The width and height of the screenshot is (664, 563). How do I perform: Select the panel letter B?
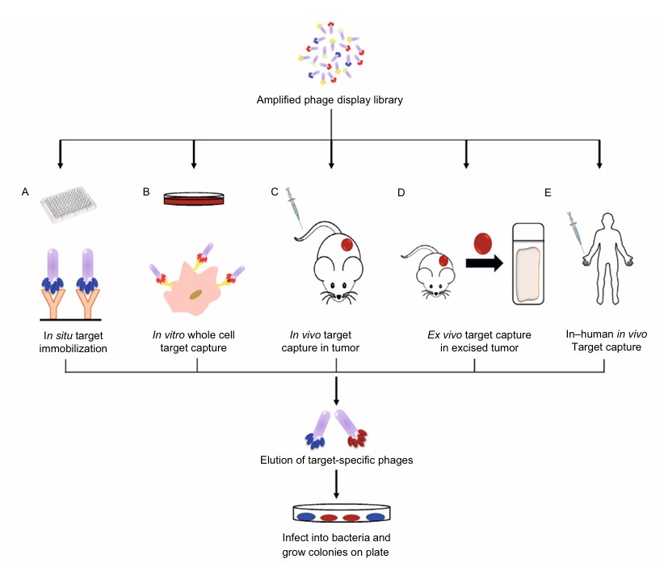146,192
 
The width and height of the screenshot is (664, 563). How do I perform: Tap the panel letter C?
275,192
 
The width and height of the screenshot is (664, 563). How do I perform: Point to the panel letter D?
401,192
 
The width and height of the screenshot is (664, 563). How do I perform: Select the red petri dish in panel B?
193,199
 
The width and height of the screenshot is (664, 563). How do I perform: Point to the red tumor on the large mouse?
345,245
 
